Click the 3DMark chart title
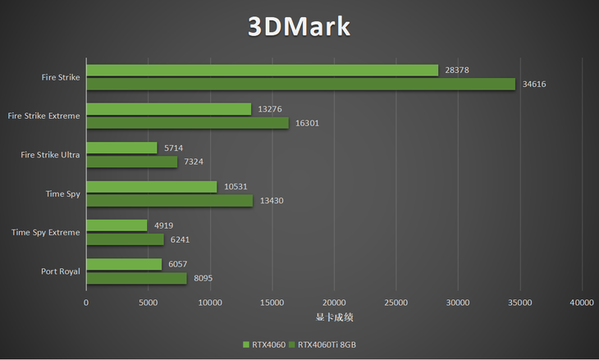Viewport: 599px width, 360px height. point(299,26)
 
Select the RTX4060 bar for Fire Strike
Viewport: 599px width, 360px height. point(262,71)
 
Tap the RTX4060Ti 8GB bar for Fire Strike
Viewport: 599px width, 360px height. point(300,84)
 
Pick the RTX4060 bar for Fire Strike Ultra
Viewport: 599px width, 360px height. point(121,148)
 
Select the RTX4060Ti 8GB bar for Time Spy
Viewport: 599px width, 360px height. point(169,201)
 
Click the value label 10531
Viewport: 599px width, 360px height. point(235,187)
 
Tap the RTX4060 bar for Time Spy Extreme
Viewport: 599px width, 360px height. point(117,226)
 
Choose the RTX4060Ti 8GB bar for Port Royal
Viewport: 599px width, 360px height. point(136,278)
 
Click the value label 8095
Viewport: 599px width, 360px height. point(203,278)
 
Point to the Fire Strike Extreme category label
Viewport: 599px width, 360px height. point(43,116)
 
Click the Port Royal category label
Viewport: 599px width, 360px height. point(60,271)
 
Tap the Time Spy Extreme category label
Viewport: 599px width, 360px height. point(46,232)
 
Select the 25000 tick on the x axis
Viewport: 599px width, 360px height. point(396,303)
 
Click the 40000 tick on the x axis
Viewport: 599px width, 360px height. point(582,303)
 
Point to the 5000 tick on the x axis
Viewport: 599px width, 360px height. point(148,303)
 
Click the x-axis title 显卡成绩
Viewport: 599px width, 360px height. point(333,317)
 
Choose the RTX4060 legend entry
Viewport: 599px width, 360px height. point(263,344)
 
